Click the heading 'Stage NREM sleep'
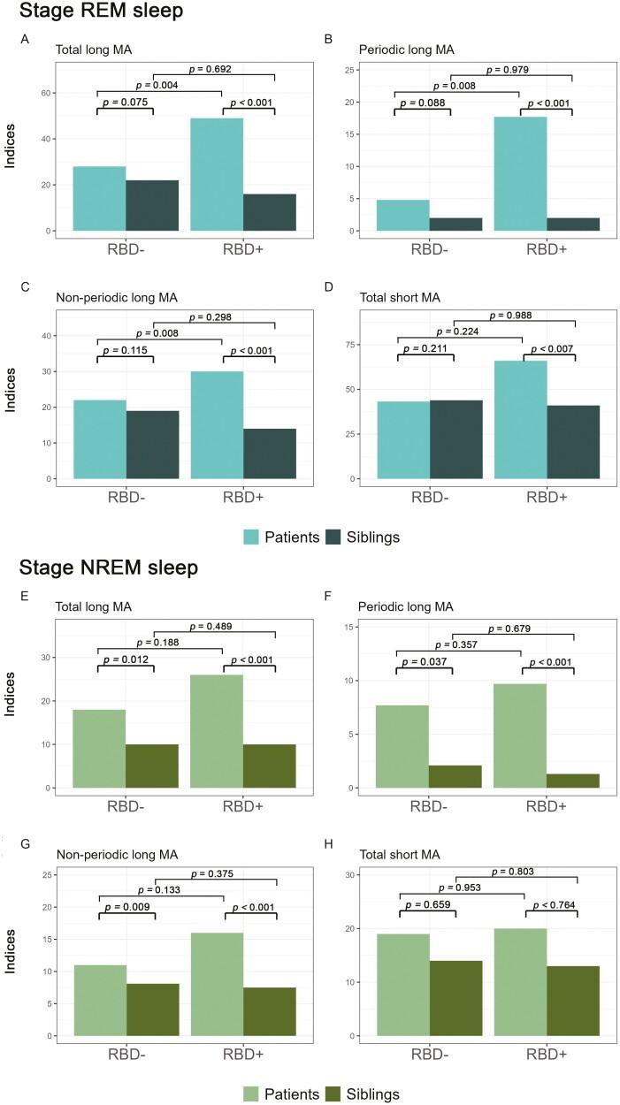point(99,568)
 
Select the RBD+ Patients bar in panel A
point(217,174)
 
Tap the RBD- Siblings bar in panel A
point(152,205)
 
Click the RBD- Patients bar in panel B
point(402,215)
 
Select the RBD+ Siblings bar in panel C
point(270,453)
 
